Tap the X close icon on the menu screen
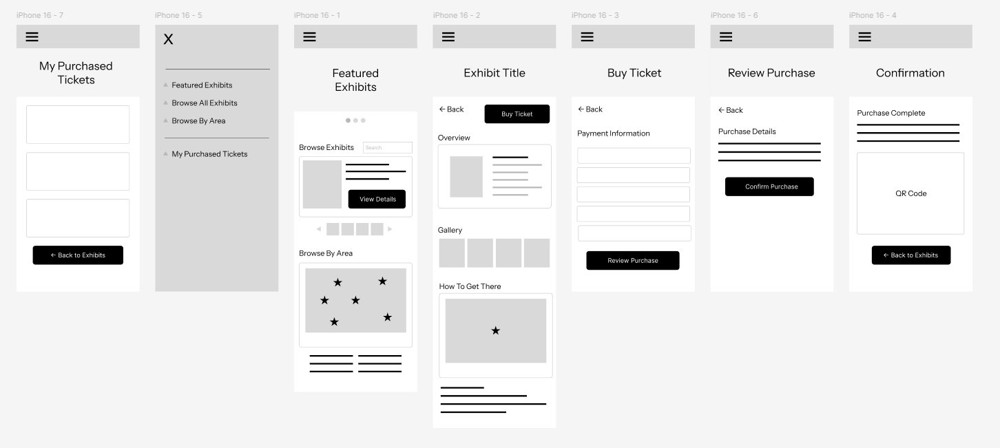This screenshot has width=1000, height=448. (168, 39)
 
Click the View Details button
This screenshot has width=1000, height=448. (377, 199)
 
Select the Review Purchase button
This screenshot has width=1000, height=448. (633, 261)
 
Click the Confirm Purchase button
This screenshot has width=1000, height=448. (769, 186)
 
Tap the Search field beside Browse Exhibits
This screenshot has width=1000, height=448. (388, 148)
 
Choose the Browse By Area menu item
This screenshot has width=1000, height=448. (198, 121)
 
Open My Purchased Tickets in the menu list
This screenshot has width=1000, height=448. (209, 154)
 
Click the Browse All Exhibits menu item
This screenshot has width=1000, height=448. (205, 103)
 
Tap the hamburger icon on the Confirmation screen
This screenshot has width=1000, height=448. (864, 36)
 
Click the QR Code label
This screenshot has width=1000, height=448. (910, 193)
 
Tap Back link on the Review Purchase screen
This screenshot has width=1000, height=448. (730, 110)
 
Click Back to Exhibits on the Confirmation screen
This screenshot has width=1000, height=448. (910, 255)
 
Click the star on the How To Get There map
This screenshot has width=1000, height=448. (496, 330)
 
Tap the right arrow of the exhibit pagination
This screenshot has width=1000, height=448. (390, 229)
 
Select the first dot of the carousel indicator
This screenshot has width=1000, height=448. (348, 120)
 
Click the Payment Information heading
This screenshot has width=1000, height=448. (614, 134)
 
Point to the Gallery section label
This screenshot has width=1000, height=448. (450, 231)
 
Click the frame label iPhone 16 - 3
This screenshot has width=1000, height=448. (595, 15)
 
